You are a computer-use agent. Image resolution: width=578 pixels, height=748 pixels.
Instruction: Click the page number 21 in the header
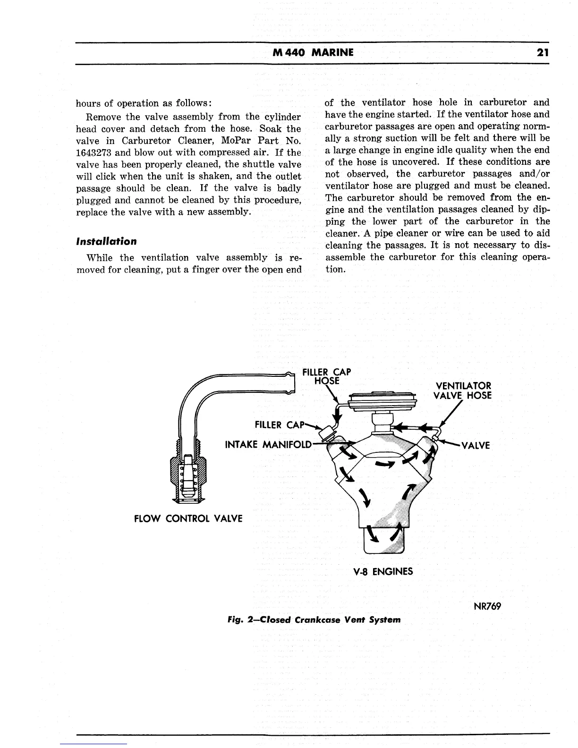click(542, 52)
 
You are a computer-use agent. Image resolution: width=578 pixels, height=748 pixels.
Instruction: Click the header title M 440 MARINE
click(313, 52)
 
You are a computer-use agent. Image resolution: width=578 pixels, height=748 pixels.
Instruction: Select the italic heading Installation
click(106, 241)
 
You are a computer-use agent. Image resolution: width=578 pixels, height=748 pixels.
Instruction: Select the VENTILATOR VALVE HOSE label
click(462, 391)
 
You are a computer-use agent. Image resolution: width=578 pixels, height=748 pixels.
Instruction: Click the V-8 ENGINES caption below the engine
click(383, 571)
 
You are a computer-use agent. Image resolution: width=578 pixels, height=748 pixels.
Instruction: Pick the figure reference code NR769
click(486, 606)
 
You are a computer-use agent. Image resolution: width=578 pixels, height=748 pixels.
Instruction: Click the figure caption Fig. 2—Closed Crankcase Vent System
click(314, 620)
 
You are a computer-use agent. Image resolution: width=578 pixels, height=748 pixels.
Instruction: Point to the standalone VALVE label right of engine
click(476, 445)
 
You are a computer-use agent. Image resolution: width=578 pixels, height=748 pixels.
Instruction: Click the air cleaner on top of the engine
click(382, 401)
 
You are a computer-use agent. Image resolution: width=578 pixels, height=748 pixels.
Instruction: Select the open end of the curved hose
click(291, 383)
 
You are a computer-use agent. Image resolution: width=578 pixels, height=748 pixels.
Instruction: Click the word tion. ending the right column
click(335, 269)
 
